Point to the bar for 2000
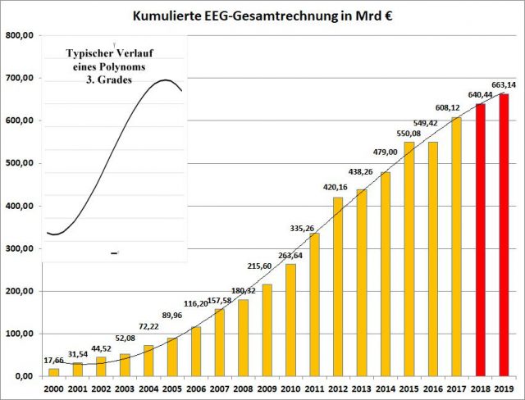(53, 372)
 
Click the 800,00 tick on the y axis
(19, 36)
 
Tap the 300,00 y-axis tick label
(19, 249)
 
